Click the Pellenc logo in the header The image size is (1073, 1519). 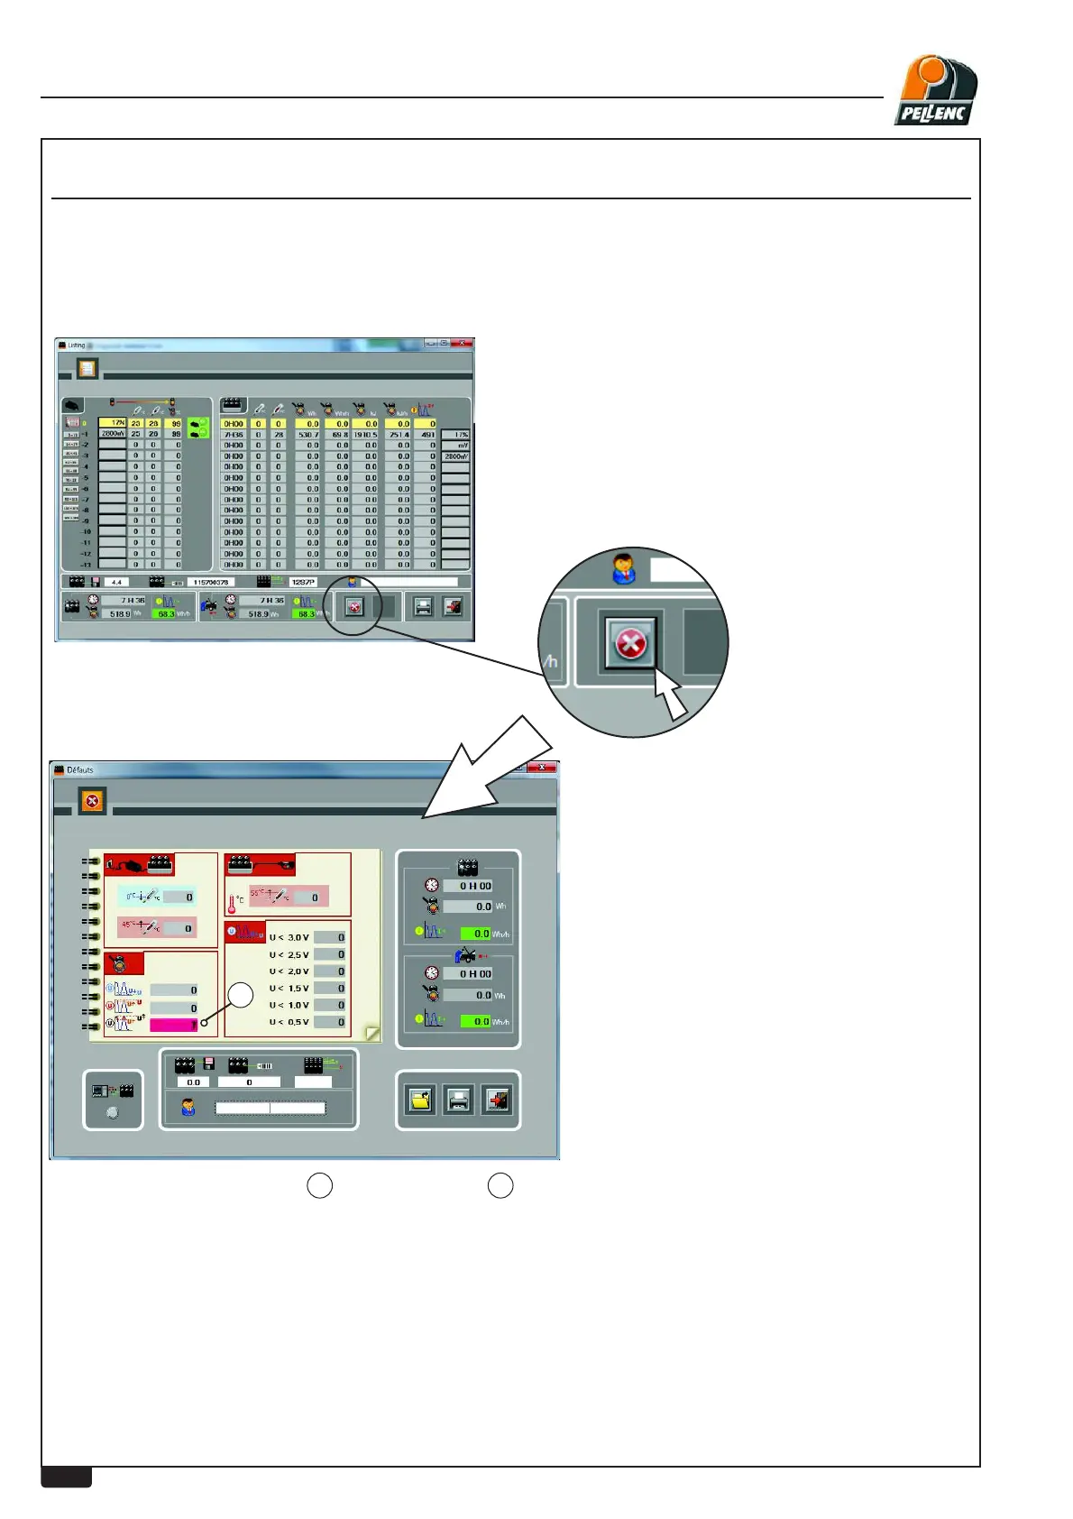936,90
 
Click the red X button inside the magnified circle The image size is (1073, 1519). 630,644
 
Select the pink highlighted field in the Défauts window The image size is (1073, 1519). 173,1025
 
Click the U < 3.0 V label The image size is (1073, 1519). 289,937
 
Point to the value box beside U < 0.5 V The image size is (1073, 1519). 330,1022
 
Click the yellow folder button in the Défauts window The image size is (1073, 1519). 420,1100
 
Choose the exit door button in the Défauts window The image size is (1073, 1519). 497,1100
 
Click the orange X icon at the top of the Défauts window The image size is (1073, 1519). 92,800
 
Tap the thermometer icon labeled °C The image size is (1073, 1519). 233,902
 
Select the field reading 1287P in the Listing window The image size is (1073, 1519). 303,583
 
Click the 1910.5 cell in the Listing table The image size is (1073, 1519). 365,435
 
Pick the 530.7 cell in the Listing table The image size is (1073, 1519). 307,435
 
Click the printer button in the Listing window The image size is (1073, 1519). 423,607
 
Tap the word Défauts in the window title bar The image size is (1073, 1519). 80,770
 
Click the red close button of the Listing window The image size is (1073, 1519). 463,344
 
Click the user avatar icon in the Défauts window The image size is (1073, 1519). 188,1107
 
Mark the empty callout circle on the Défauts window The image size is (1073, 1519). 241,995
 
